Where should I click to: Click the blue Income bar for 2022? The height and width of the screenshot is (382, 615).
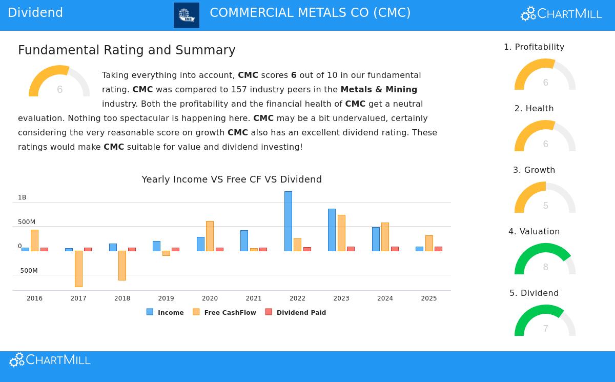click(288, 221)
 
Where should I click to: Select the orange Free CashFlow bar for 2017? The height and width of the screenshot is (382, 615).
click(78, 269)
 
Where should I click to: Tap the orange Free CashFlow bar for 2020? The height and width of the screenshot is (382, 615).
click(210, 236)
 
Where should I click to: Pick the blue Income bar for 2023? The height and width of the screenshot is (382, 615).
click(332, 230)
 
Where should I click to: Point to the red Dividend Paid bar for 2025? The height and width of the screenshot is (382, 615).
click(438, 249)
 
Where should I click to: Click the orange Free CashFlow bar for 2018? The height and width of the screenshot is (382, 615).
click(122, 265)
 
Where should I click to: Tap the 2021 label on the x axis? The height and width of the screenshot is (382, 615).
click(254, 298)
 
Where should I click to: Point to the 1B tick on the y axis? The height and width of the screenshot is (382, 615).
click(22, 197)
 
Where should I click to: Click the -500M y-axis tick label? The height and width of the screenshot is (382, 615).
click(28, 271)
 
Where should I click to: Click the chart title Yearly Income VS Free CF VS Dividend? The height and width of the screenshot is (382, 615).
click(232, 179)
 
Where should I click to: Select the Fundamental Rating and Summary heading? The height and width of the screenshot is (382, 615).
click(127, 50)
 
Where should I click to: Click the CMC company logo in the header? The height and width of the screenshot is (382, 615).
click(187, 15)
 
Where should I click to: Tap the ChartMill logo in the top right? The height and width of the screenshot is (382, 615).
click(561, 14)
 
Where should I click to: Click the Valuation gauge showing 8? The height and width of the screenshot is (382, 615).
click(545, 259)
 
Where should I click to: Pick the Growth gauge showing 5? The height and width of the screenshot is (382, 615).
click(545, 198)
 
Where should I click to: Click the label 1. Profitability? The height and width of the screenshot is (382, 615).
click(534, 47)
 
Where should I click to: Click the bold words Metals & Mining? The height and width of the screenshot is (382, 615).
click(379, 89)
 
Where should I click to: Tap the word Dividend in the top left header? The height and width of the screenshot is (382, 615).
click(35, 13)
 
